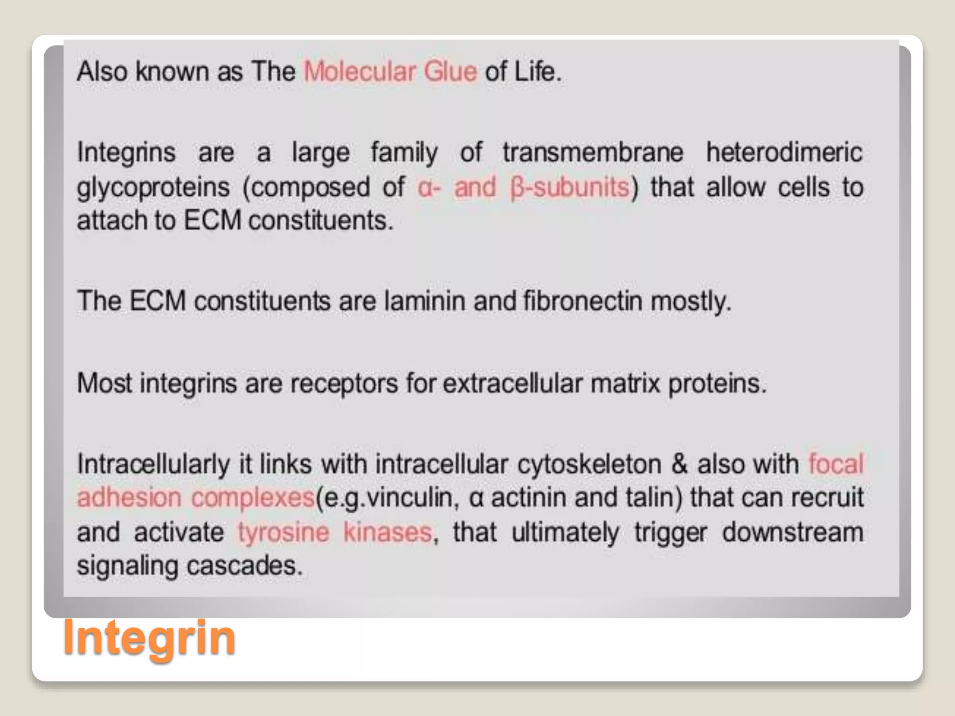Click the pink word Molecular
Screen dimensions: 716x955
pos(360,72)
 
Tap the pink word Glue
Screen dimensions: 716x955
pos(450,72)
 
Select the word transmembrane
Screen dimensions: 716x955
pos(593,152)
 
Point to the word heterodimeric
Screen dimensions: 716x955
pos(784,152)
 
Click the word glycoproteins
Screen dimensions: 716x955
pos(153,188)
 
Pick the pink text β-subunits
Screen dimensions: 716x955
pos(570,187)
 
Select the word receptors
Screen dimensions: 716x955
pos(344,384)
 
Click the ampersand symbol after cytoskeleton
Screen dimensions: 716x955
pos(679,464)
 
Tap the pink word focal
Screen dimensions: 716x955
pos(836,464)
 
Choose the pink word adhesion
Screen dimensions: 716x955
pos(129,497)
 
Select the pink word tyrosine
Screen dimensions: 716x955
pos(284,532)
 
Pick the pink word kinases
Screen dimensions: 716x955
pos(388,532)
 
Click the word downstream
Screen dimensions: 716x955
pos(793,532)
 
